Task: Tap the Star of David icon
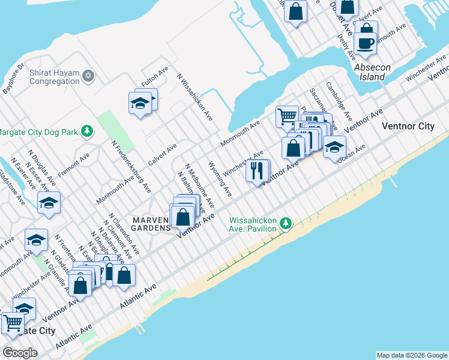[89, 76]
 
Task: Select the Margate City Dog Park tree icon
[88, 131]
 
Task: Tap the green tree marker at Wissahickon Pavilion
[286, 224]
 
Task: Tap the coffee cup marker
[365, 43]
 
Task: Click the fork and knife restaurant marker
[257, 171]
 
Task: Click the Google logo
[20, 353]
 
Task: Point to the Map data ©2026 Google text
[411, 355]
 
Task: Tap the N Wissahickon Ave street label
[194, 95]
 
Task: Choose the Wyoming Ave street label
[219, 178]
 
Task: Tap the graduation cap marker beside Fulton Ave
[140, 104]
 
